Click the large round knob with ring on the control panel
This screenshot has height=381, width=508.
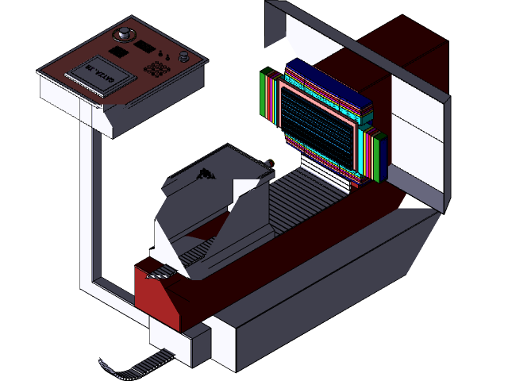click(125, 34)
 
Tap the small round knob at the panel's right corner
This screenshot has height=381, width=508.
click(185, 56)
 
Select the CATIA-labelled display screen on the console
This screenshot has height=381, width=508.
click(98, 75)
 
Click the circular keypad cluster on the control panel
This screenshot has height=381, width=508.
click(156, 69)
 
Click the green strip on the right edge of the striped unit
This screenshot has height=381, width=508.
click(382, 155)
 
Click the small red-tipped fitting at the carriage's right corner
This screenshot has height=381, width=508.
click(271, 164)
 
